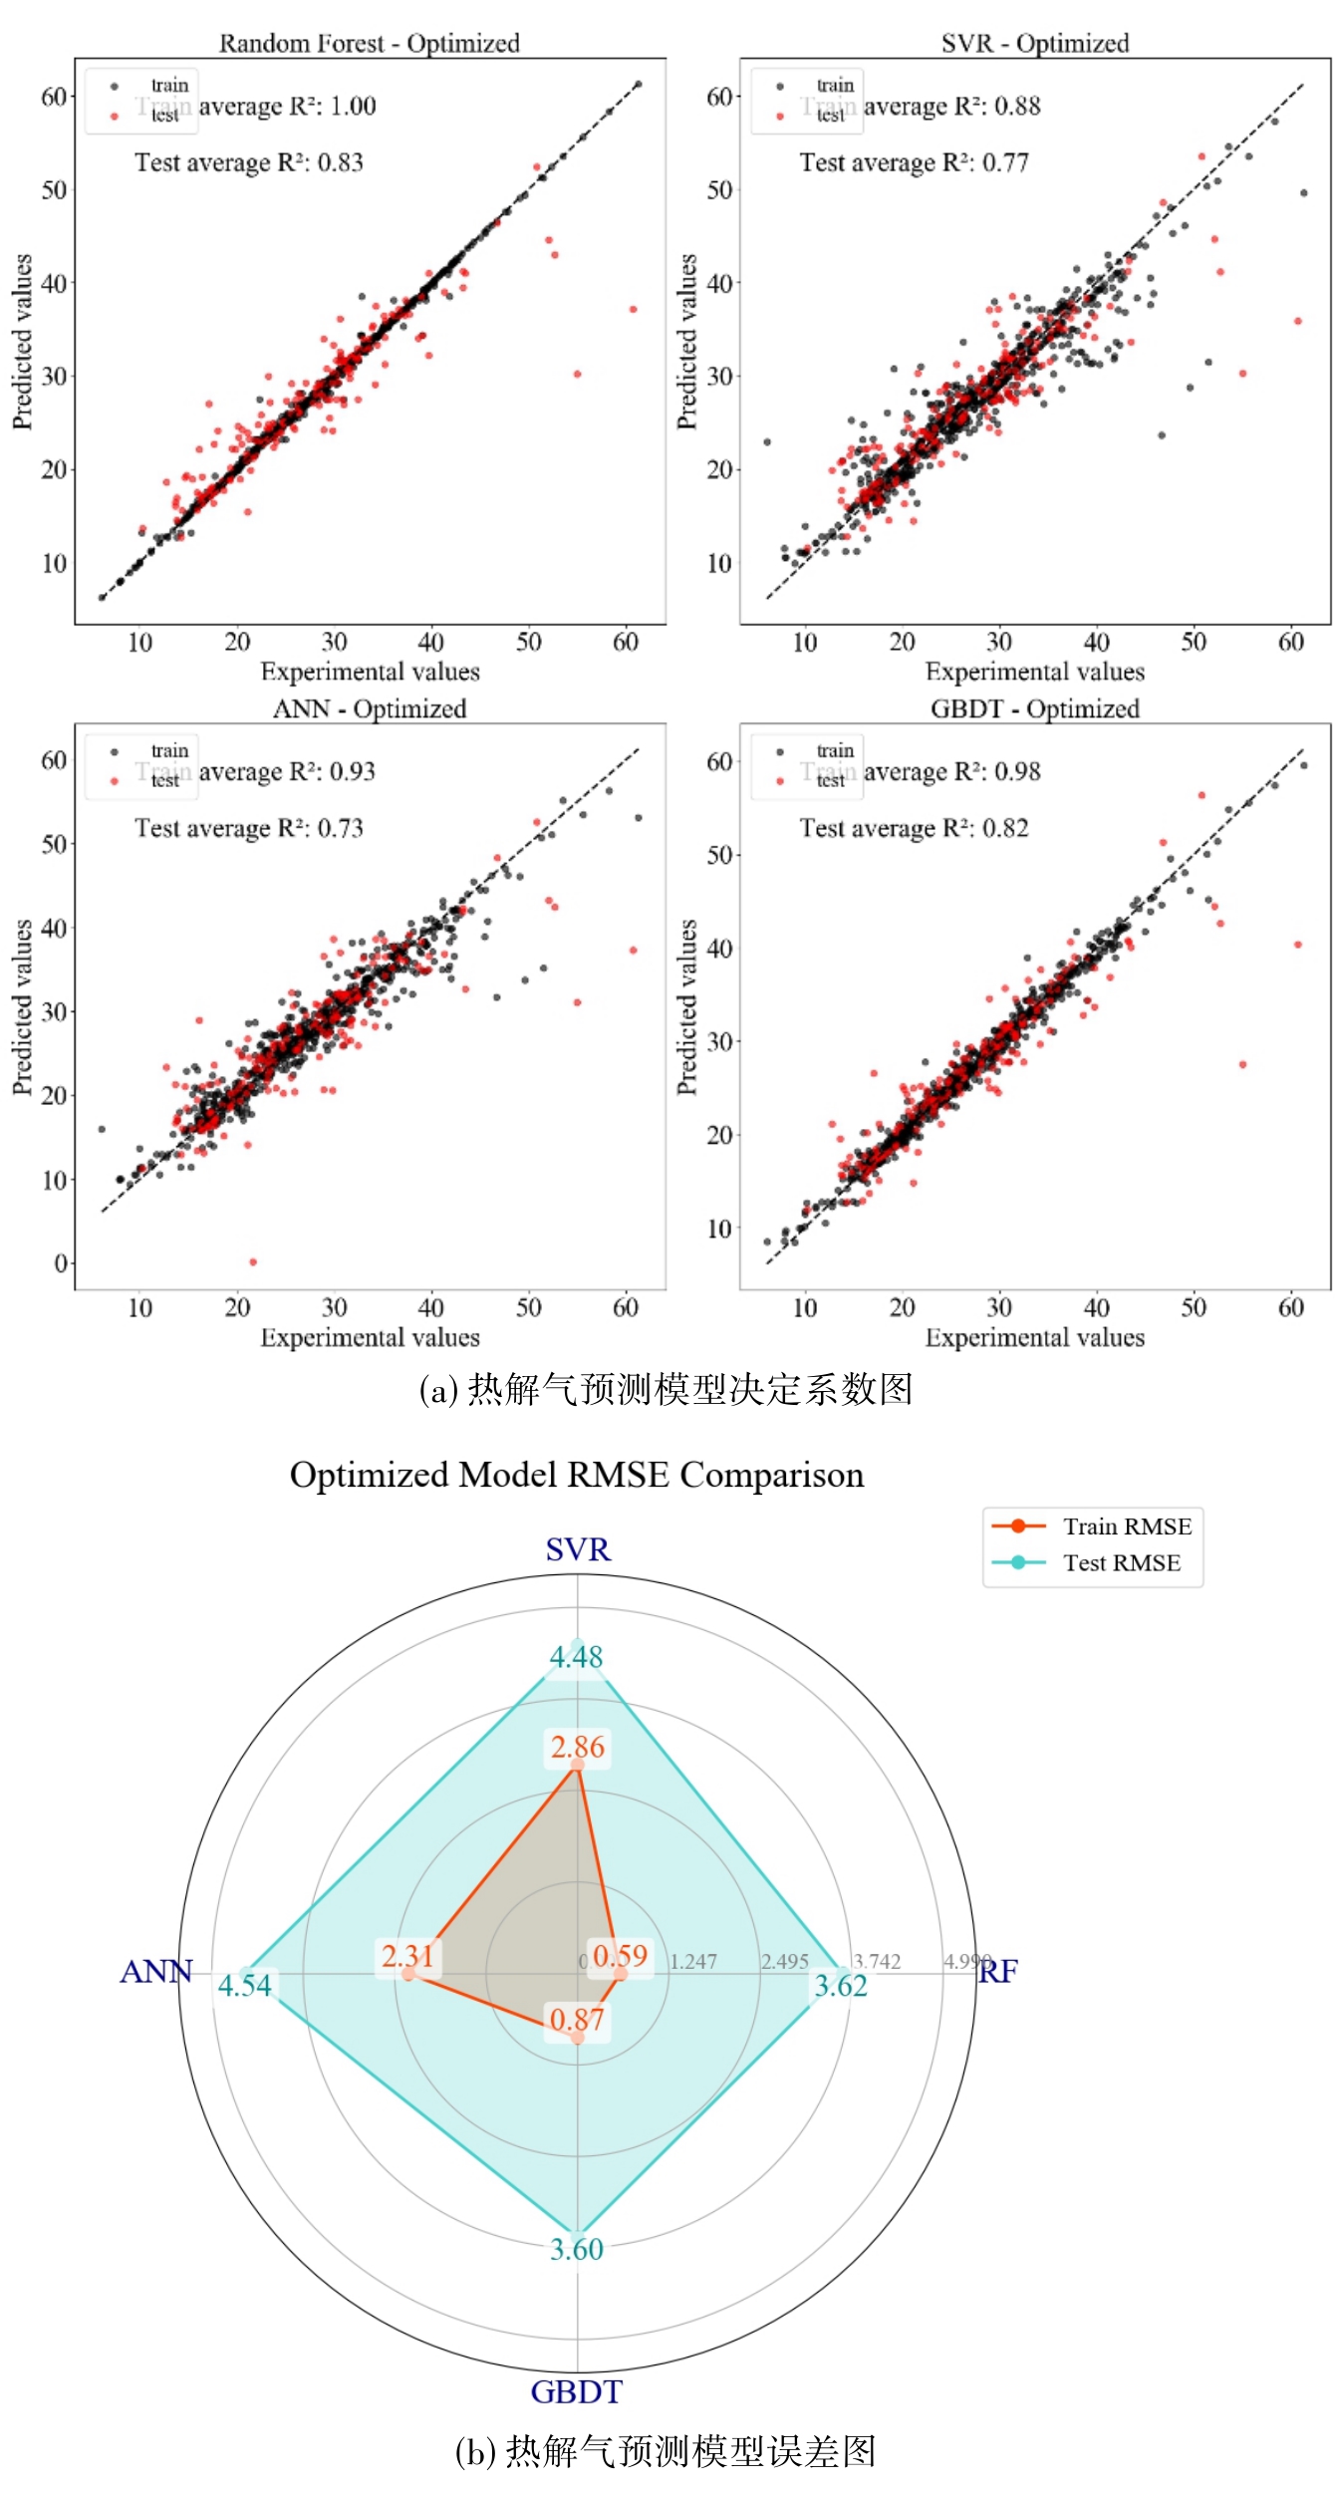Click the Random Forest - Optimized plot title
[369, 43]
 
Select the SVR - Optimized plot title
[1034, 43]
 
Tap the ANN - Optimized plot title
[369, 708]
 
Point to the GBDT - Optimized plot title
[1034, 708]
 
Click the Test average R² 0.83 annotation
[249, 162]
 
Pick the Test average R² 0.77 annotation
[914, 162]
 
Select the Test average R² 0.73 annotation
[249, 828]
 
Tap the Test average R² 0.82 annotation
[914, 828]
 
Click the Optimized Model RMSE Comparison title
[577, 1475]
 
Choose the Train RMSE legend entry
[1126, 1526]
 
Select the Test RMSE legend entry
[1121, 1562]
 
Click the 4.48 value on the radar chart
[577, 1657]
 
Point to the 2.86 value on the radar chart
[578, 1747]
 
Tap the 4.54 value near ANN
[245, 1985]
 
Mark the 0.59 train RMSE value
[621, 1955]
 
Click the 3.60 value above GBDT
[577, 2249]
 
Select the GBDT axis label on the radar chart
[577, 2391]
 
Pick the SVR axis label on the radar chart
[578, 1549]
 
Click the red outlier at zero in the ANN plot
[253, 1261]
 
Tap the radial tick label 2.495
[785, 1961]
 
